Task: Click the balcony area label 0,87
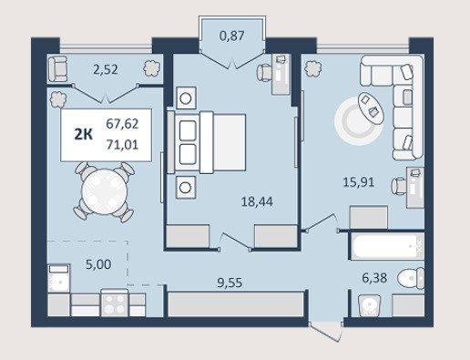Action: coord(231,36)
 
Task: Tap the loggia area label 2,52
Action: coord(106,70)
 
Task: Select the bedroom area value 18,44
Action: coord(257,201)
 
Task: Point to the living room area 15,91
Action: coord(358,182)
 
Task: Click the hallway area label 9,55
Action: coord(230,283)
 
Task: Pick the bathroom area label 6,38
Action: coord(374,278)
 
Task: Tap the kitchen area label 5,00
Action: coord(98,264)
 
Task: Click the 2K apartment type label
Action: coord(84,134)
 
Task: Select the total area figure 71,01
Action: coord(122,144)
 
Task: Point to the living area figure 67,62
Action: coord(122,124)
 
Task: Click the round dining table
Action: coord(105,191)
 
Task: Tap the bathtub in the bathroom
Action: coord(387,246)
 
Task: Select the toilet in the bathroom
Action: coord(411,278)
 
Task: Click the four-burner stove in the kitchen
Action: coord(115,303)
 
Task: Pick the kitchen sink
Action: coord(59,278)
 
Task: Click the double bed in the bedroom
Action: coord(207,143)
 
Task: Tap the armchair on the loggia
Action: coord(57,69)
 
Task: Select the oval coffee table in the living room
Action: coord(371,108)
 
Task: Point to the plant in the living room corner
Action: coord(312,68)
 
